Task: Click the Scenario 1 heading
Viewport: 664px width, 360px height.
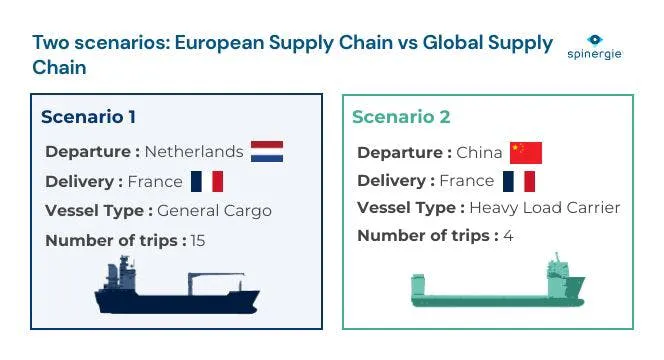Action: [89, 117]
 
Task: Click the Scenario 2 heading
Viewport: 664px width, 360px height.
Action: [401, 117]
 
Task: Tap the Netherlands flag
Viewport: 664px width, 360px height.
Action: [267, 152]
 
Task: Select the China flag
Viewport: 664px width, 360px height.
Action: [526, 152]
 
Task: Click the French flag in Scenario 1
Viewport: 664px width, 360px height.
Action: [207, 181]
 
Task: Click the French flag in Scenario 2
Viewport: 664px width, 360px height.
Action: [519, 181]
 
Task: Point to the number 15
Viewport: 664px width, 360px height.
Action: [197, 240]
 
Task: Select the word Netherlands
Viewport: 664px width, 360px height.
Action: [194, 152]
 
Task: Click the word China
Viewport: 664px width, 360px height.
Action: [479, 152]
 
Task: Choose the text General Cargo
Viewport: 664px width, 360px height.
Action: [214, 211]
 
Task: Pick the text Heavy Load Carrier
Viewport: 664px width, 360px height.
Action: [545, 208]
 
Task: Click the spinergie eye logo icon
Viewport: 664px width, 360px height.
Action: [595, 40]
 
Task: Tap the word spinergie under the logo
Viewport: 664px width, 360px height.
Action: [595, 54]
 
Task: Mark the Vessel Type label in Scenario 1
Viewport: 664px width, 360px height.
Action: [98, 211]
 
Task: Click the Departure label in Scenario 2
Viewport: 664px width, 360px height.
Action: [404, 152]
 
